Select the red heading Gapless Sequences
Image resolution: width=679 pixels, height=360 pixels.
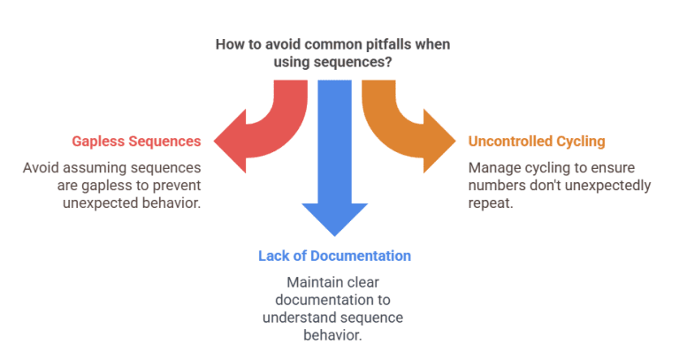pos(136,142)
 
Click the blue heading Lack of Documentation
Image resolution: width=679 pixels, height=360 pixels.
pos(334,256)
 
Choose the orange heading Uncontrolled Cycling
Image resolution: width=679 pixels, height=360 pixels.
pos(537,142)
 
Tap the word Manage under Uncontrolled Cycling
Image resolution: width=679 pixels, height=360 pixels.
pos(492,167)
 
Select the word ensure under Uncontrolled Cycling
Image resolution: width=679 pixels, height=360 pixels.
pos(624,167)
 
